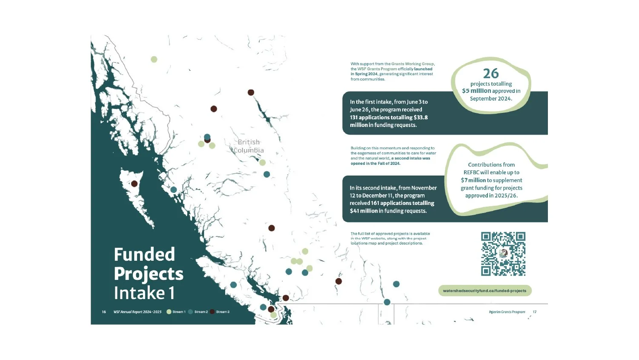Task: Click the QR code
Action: (x=503, y=253)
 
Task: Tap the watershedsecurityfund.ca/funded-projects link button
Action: (x=484, y=291)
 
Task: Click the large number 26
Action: (x=490, y=73)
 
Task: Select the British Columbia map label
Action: (x=249, y=146)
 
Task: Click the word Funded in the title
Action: (x=144, y=254)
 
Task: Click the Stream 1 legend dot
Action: (x=169, y=312)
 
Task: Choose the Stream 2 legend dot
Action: (x=190, y=312)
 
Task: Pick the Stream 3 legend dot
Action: (x=212, y=312)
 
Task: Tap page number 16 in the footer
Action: (x=104, y=312)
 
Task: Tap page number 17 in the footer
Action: (x=535, y=312)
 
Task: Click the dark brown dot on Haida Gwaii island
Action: (x=134, y=184)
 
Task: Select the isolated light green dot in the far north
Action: (x=154, y=59)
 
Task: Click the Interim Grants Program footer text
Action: (x=507, y=312)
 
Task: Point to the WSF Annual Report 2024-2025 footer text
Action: (x=138, y=312)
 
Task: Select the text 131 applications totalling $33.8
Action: (x=389, y=117)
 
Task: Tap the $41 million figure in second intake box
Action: (x=364, y=211)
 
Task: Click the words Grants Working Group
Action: (x=413, y=64)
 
